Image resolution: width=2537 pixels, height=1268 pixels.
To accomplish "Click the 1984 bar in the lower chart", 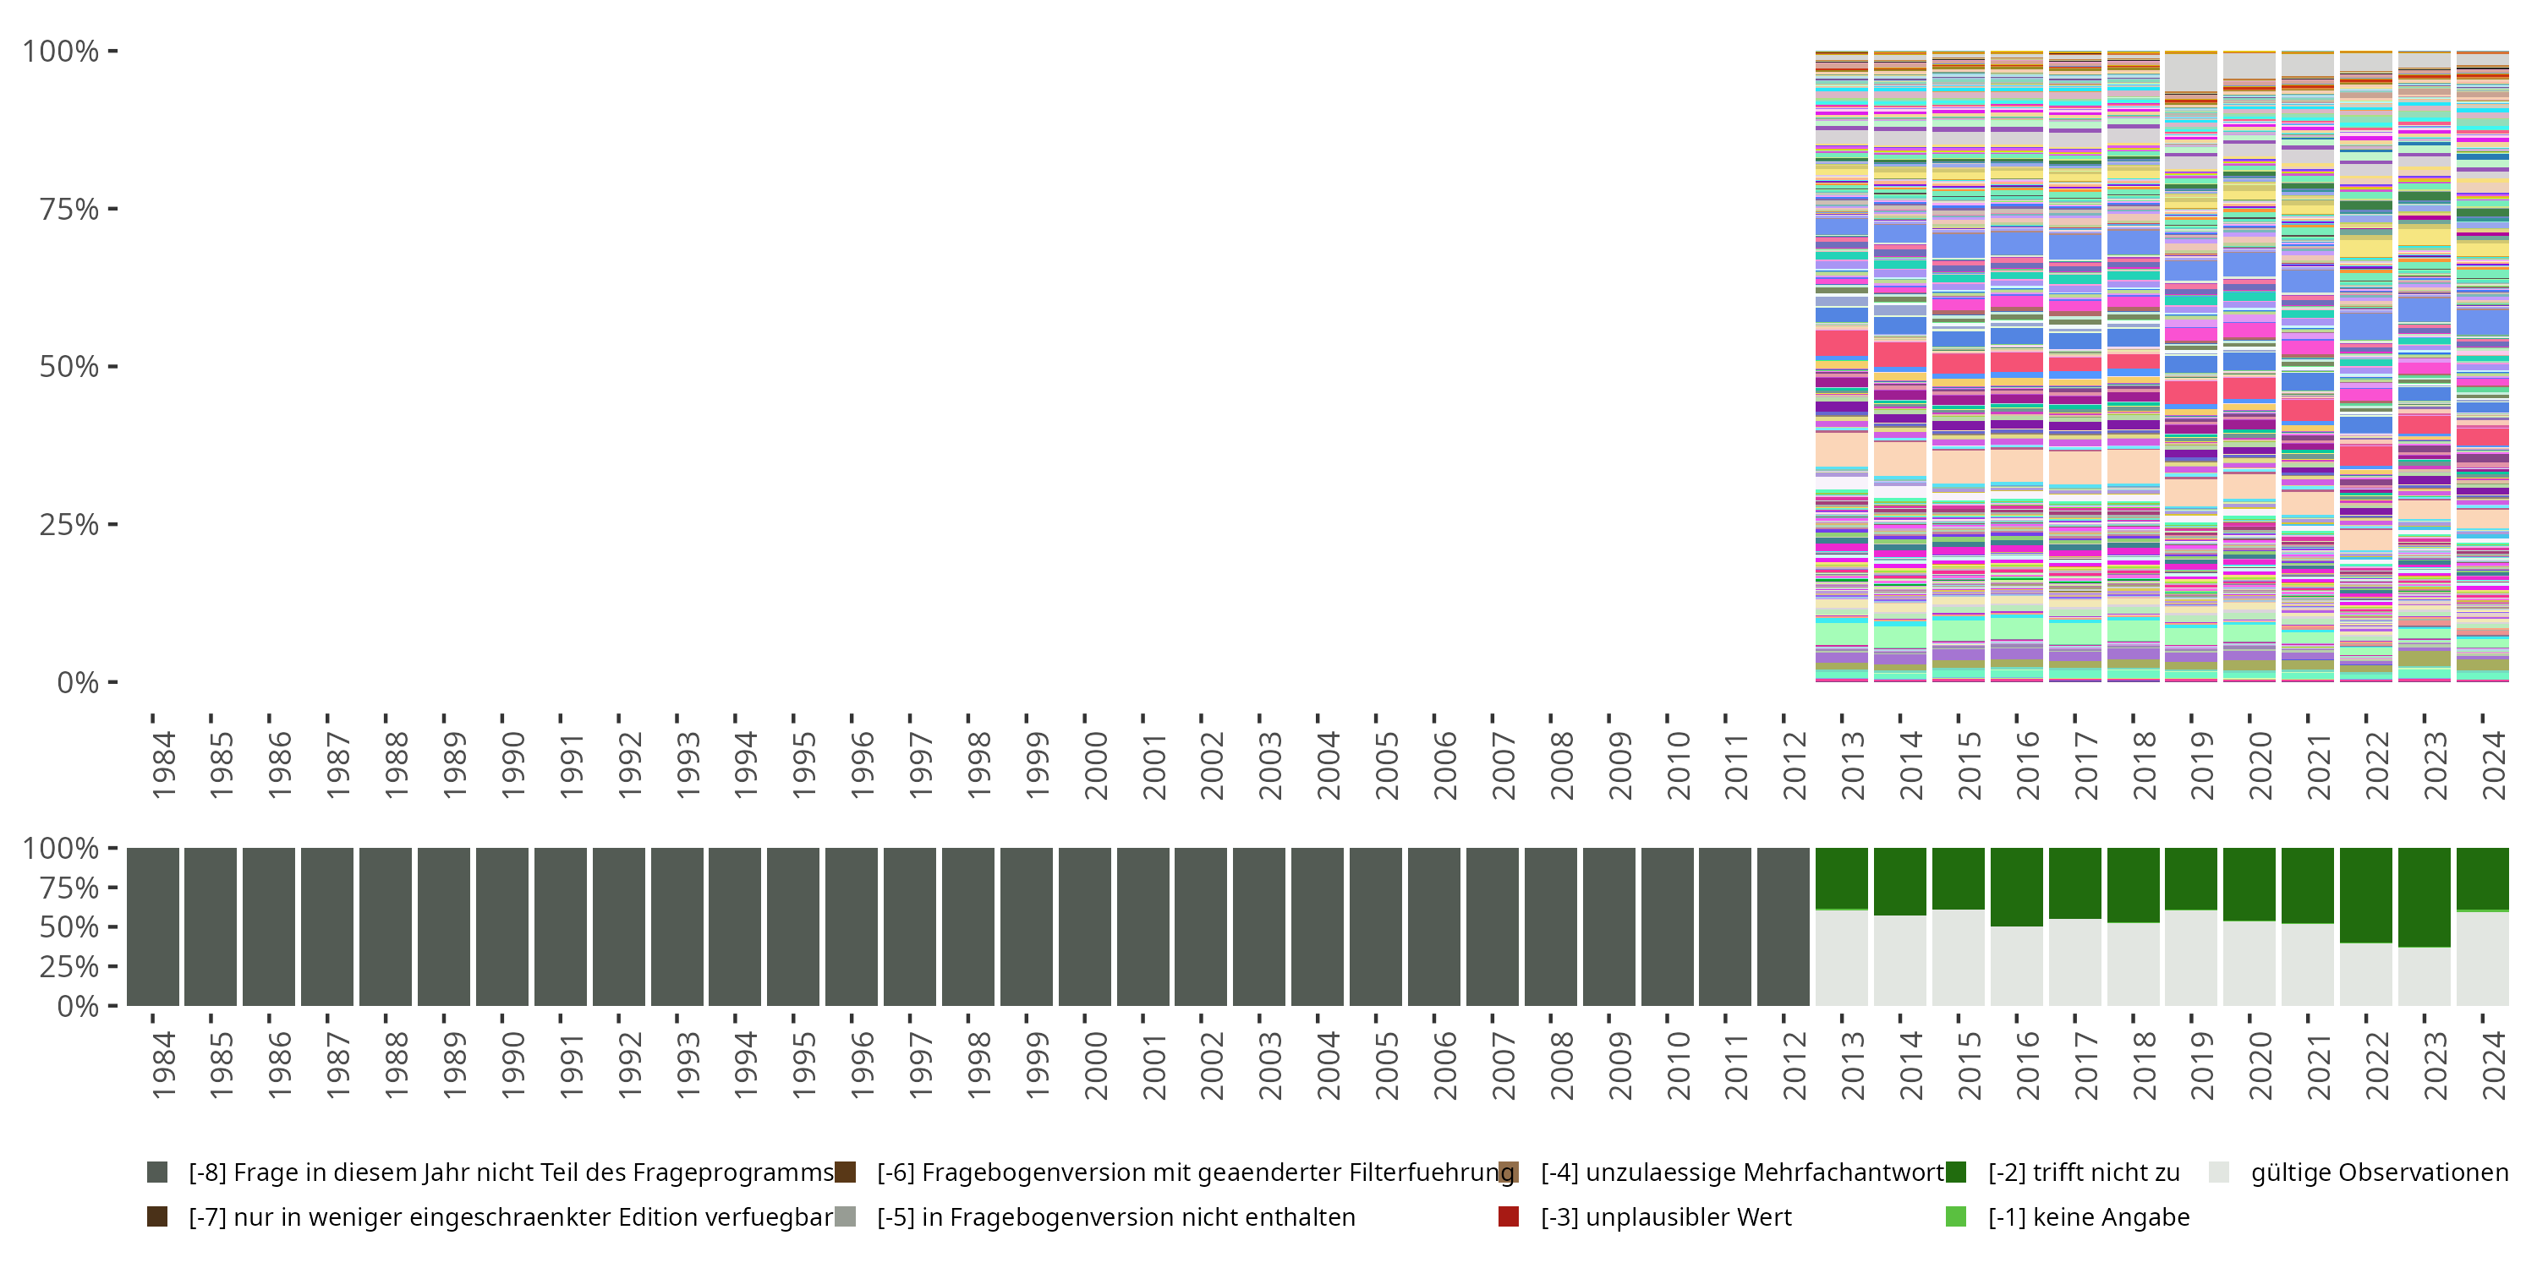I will point(153,926).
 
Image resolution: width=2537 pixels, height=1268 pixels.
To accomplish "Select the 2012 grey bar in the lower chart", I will point(1783,926).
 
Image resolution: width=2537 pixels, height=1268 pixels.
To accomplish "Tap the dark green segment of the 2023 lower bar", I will point(2424,896).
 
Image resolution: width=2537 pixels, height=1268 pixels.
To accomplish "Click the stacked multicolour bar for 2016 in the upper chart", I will point(2016,366).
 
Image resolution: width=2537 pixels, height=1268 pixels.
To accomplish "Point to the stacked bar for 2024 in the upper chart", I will point(2482,366).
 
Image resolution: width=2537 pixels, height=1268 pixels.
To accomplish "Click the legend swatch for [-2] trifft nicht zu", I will point(1956,1172).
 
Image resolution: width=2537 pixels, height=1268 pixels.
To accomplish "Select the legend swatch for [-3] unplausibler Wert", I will point(1508,1216).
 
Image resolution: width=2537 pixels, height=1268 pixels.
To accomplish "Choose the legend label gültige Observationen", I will point(2378,1172).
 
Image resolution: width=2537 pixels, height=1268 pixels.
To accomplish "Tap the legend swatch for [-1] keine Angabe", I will point(1956,1216).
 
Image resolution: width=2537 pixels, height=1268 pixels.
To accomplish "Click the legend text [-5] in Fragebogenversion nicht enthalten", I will point(1115,1216).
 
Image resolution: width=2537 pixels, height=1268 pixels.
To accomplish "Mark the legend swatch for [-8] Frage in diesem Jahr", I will point(156,1172).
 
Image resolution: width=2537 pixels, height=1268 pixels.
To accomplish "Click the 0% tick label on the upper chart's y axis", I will point(78,682).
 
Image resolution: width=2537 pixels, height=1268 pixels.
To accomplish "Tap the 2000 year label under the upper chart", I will point(1094,766).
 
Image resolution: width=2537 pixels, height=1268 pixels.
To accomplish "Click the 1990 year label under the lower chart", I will point(512,1065).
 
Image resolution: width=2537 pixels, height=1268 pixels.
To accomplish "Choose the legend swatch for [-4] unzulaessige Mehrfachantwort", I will point(1508,1172).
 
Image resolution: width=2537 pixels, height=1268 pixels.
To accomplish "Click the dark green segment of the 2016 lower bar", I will point(2016,886).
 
